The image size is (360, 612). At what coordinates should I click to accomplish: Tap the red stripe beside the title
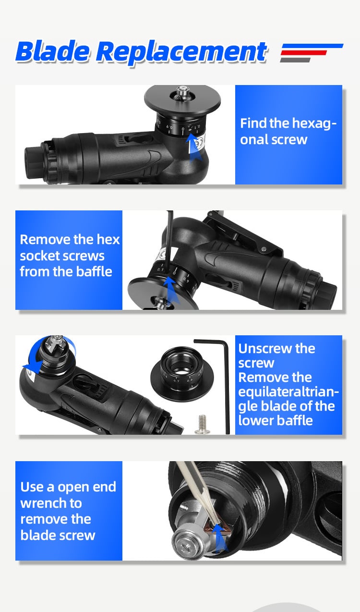[304, 53]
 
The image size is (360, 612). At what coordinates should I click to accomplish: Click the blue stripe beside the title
[312, 46]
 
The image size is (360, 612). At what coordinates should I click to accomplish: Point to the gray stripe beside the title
[295, 60]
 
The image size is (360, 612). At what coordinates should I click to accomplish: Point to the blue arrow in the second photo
[171, 290]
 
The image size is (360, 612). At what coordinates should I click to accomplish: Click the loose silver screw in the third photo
[202, 424]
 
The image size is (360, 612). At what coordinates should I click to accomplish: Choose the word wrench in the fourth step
[51, 503]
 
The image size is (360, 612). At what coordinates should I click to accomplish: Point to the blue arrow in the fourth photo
[220, 537]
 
